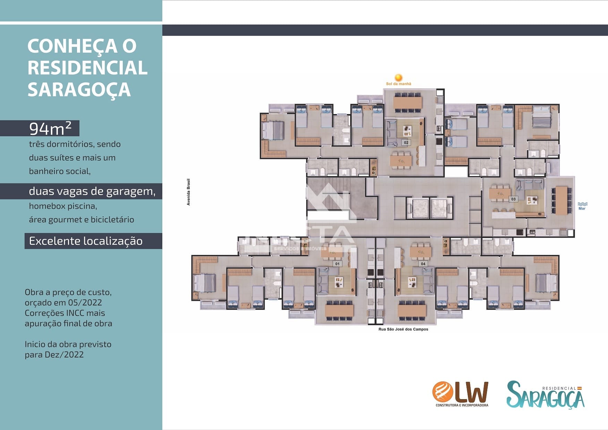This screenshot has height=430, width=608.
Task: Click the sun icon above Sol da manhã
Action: [x=399, y=78]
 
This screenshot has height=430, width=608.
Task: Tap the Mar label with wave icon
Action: [x=582, y=206]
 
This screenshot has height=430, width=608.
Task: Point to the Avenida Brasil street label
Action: [x=189, y=192]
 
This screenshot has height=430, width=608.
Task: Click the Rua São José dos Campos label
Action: [x=403, y=329]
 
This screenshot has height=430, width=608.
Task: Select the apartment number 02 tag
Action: [x=406, y=143]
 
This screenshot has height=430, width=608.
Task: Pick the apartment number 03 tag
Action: [x=513, y=199]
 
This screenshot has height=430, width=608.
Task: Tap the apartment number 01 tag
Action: [x=337, y=264]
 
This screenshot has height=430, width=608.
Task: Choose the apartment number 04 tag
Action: [x=423, y=264]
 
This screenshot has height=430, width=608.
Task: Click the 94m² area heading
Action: [x=50, y=129]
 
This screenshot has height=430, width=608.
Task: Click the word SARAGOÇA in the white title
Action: [x=79, y=89]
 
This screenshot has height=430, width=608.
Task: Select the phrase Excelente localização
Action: [x=86, y=241]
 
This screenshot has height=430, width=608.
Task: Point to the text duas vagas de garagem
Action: [x=92, y=191]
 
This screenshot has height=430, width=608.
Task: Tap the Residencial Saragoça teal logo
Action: [x=546, y=395]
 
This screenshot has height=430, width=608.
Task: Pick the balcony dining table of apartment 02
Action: [x=408, y=103]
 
